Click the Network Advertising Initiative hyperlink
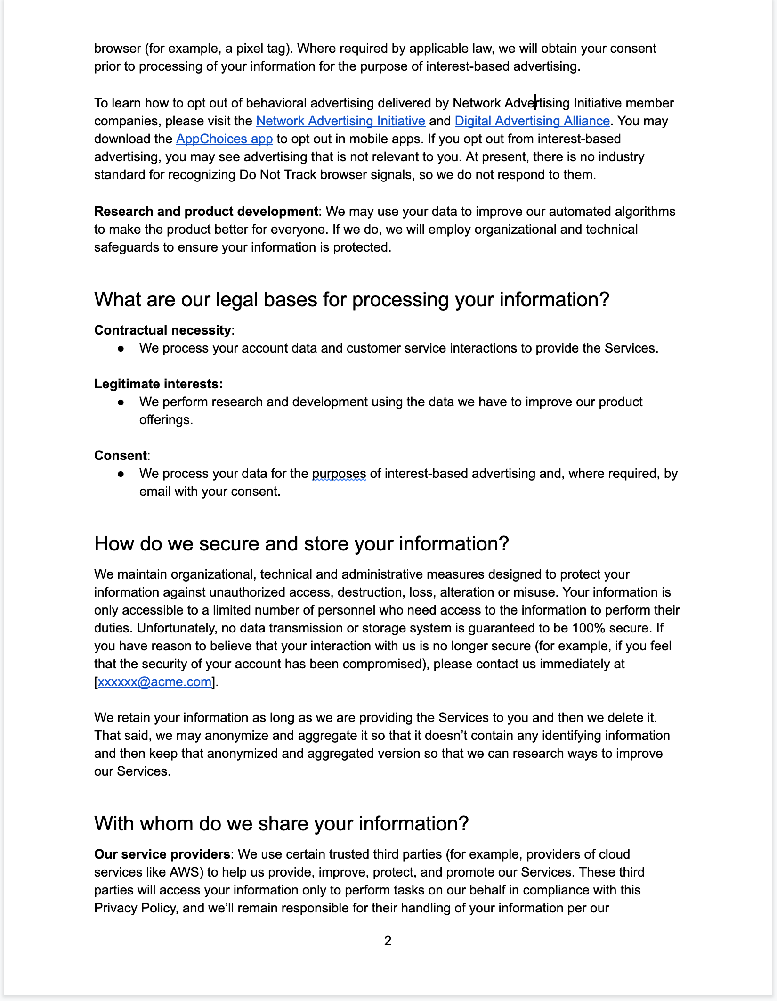point(340,121)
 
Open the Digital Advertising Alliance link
point(532,121)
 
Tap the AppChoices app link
point(224,139)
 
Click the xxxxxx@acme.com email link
point(154,682)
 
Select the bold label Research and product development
point(206,212)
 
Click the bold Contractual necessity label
point(162,330)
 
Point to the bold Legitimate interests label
point(158,384)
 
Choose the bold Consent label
point(121,456)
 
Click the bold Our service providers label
point(162,854)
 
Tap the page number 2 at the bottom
point(388,941)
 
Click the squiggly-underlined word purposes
point(339,474)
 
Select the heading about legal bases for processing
point(352,300)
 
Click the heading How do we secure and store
point(301,544)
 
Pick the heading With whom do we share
point(281,824)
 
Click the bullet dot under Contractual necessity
point(121,349)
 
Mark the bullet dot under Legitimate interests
point(121,402)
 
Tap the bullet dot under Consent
point(121,474)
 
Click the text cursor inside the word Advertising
point(535,102)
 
